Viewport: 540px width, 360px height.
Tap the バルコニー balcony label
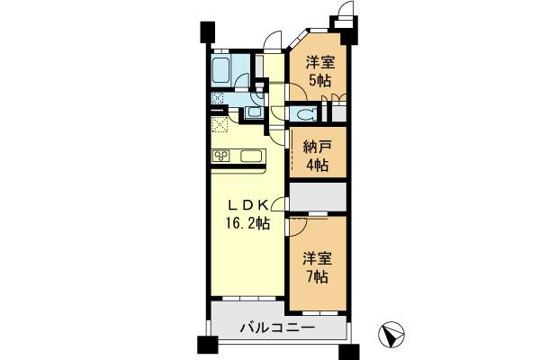[277, 328]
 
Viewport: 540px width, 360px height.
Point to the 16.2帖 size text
[246, 222]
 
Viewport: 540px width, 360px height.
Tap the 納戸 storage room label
[316, 148]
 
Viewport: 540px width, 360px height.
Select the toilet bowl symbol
[303, 114]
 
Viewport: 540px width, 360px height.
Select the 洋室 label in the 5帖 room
[317, 62]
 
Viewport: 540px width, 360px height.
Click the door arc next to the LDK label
[281, 204]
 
